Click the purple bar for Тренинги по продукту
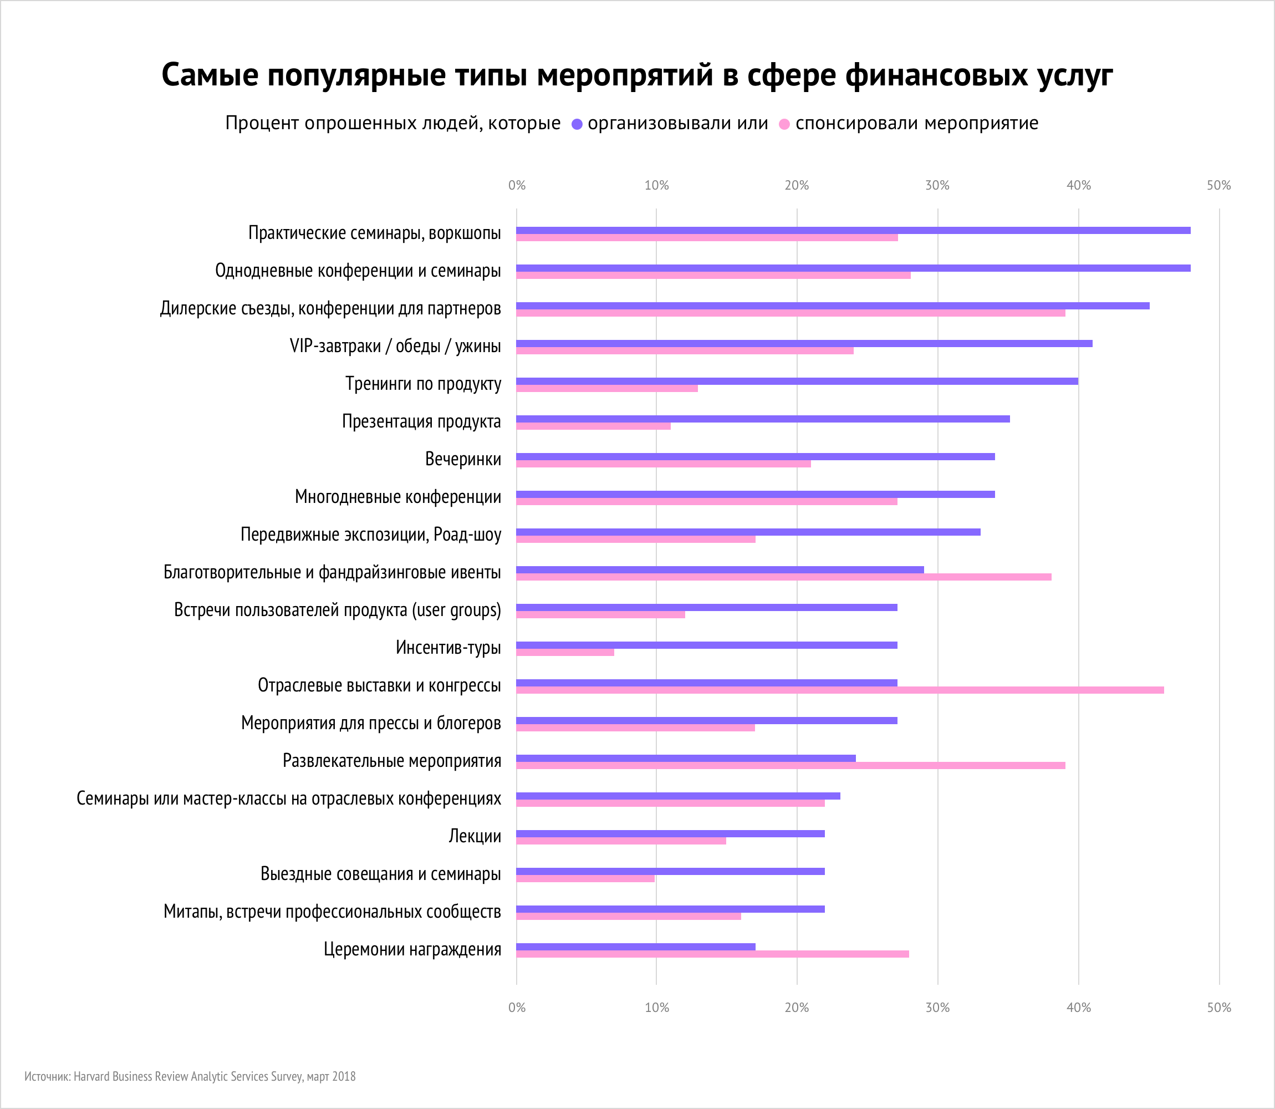click(797, 381)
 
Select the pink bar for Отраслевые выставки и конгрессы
click(839, 690)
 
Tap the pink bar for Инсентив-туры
click(565, 652)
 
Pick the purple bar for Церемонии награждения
click(635, 947)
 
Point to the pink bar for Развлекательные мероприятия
click(790, 766)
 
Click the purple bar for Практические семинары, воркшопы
click(853, 230)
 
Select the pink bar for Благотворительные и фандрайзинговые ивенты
click(783, 577)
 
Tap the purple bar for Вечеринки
click(756, 457)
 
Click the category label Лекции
click(475, 836)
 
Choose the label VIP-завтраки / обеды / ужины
click(395, 346)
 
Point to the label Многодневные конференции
click(398, 497)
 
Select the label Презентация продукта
click(421, 421)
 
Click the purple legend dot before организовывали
click(577, 124)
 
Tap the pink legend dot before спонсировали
click(784, 124)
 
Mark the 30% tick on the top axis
click(937, 185)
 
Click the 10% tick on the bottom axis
click(656, 1008)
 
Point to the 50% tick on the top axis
click(1218, 185)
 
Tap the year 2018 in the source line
click(344, 1076)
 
